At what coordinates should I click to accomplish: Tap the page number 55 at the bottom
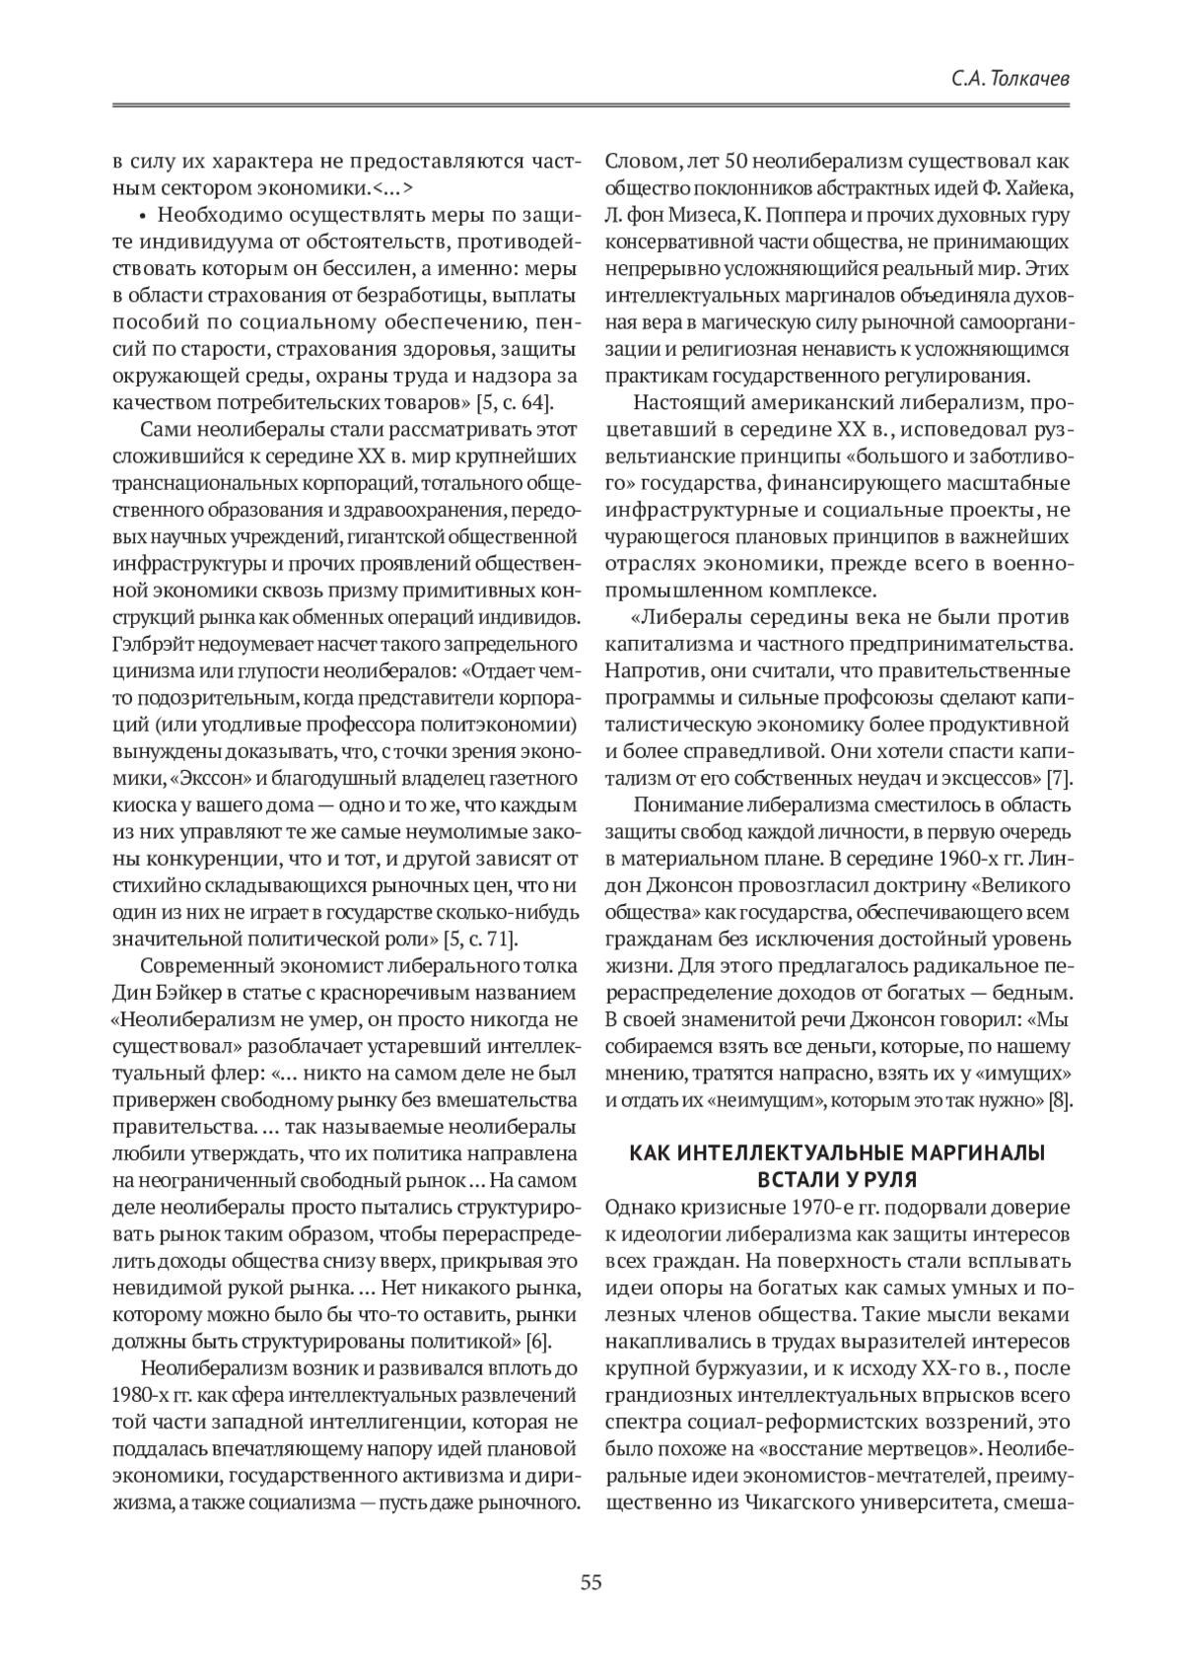click(x=591, y=1583)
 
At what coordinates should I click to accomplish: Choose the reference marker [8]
click(x=1061, y=1099)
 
